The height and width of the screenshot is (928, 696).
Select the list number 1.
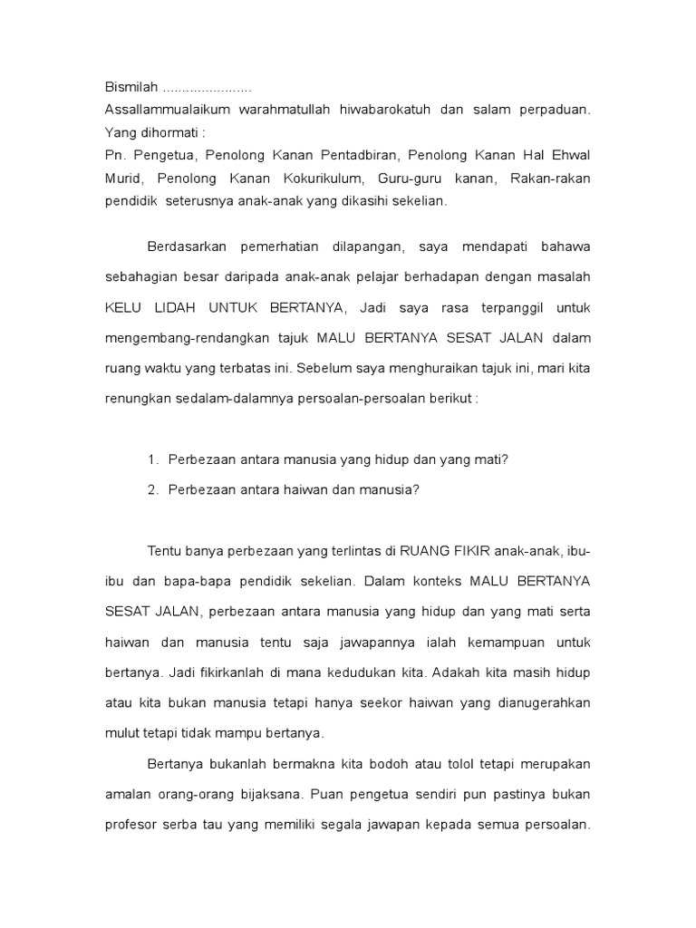coord(152,460)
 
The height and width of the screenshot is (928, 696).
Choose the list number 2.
coord(152,490)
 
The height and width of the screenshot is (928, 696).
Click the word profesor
coord(135,825)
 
